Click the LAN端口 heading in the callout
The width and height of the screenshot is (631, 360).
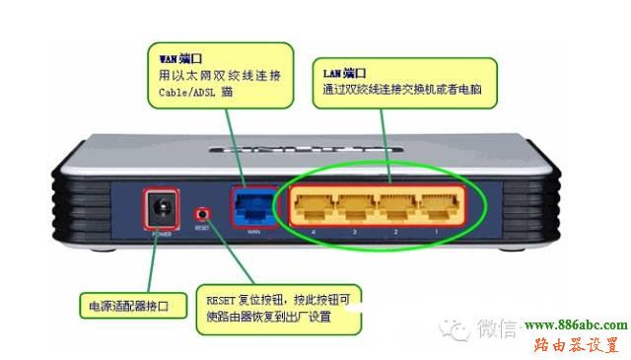click(x=345, y=73)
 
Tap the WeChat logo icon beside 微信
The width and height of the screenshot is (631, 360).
click(x=456, y=327)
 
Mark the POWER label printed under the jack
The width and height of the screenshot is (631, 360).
click(x=161, y=236)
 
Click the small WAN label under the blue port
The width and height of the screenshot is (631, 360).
click(x=252, y=233)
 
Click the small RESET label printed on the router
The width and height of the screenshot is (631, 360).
click(x=201, y=227)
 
